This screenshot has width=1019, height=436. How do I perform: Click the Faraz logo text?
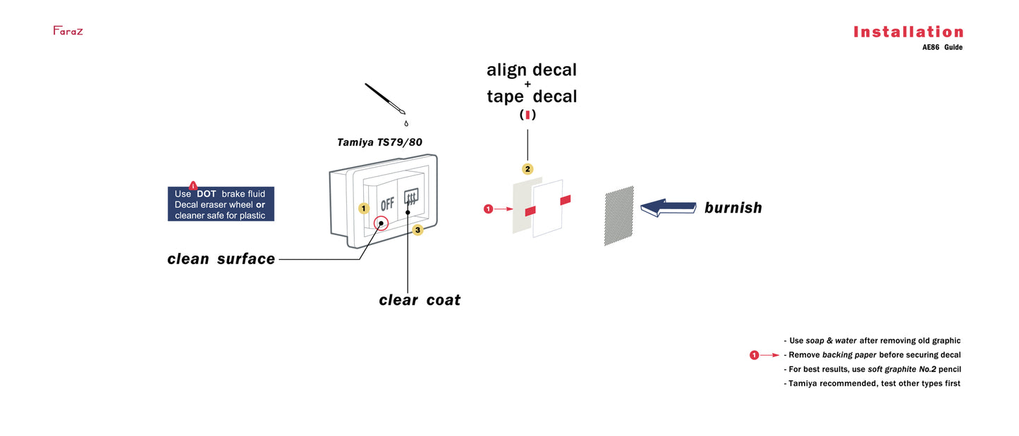(68, 31)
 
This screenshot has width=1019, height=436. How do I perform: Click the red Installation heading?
(908, 32)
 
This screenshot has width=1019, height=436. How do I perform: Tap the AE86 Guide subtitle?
(941, 48)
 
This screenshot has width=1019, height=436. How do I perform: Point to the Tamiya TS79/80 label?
(379, 142)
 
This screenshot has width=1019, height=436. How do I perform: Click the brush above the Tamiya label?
(384, 99)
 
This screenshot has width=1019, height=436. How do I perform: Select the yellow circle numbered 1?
(363, 208)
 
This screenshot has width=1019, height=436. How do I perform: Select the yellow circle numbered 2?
(527, 169)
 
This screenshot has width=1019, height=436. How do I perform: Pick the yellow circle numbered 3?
(417, 230)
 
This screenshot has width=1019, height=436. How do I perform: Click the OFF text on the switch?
(387, 205)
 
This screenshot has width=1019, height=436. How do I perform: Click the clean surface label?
(221, 259)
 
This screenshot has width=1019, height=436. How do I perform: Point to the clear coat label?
(420, 300)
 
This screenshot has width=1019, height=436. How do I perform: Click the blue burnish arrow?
(667, 208)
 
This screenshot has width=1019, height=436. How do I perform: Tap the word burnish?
(733, 208)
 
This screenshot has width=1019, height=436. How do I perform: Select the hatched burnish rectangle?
(618, 216)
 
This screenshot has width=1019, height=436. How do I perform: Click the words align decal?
(532, 70)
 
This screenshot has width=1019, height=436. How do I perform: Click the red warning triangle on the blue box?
(193, 185)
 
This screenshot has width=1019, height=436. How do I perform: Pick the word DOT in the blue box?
(207, 194)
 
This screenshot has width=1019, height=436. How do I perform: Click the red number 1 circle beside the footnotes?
(754, 355)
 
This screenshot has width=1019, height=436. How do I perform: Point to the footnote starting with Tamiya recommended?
(872, 383)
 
